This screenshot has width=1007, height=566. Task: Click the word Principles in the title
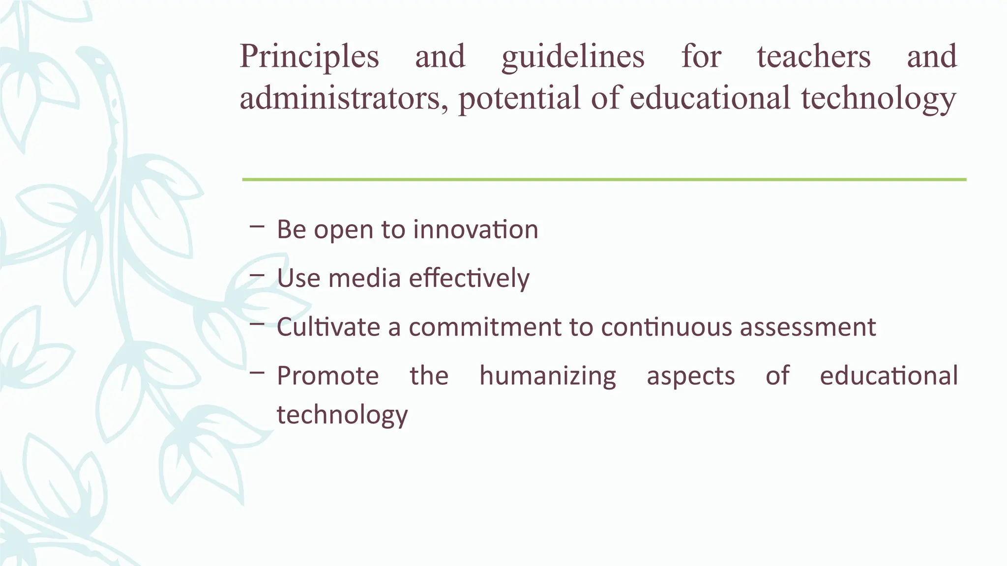pos(309,57)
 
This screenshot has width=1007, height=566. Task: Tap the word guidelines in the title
pos(573,57)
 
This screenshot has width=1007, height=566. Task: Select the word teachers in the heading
pos(814,57)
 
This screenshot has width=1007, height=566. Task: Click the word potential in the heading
pos(520,98)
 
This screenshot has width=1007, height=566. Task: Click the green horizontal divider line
pos(604,180)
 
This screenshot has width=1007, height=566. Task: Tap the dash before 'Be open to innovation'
pos(257,226)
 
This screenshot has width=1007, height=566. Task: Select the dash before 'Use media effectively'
pos(257,276)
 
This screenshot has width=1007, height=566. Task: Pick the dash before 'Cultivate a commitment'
pos(257,324)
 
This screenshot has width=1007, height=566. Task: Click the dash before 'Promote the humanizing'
pos(257,373)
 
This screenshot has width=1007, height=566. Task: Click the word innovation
pos(475,229)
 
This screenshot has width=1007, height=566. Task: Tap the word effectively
pos(469,279)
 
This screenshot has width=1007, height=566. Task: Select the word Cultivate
pos(328,327)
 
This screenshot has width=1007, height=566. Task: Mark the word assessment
pos(808,327)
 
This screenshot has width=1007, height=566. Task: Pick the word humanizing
pos(547,376)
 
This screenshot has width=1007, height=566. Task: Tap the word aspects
pos(690,376)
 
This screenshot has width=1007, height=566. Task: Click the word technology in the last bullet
pos(342,415)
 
